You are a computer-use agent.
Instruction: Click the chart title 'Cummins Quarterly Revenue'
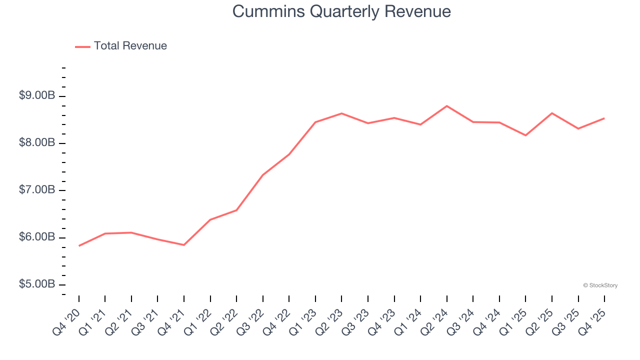341,11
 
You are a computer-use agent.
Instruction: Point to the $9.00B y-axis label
37,95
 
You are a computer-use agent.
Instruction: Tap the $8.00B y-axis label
37,143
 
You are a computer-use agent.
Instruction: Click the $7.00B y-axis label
37,190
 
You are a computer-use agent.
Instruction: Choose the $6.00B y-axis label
37,237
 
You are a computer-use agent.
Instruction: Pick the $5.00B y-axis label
37,284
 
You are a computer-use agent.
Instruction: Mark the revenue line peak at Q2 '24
447,106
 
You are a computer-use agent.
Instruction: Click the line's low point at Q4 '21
184,245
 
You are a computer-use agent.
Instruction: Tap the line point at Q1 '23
315,122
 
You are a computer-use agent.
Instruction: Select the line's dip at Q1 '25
525,135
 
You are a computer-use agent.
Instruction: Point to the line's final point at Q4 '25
604,118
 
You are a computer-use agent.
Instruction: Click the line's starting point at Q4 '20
79,246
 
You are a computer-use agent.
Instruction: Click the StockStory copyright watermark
600,285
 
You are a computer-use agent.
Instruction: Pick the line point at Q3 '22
263,175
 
